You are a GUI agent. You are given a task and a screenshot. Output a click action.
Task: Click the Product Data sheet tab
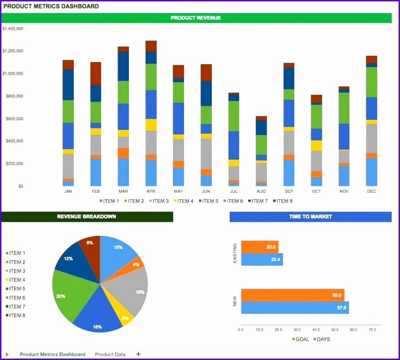tap(110, 354)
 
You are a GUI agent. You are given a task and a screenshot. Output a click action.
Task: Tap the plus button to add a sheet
tap(138, 354)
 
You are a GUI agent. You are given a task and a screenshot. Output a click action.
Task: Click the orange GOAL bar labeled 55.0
tap(292, 295)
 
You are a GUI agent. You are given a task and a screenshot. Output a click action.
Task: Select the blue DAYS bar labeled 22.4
tap(262, 259)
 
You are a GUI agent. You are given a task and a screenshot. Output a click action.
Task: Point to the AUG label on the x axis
tap(261, 191)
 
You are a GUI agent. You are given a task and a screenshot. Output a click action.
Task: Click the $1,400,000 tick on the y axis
tap(13, 29)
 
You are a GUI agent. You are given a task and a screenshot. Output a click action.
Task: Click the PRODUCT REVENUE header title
tap(196, 18)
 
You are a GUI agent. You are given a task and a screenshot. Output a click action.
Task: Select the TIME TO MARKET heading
tap(310, 216)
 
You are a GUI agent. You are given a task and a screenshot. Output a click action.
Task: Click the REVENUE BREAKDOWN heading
tap(87, 216)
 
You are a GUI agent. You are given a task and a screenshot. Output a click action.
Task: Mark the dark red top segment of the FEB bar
tap(96, 73)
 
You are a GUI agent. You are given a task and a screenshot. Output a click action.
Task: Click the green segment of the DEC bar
tap(372, 82)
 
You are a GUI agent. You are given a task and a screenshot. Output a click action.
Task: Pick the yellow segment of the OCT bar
tap(317, 145)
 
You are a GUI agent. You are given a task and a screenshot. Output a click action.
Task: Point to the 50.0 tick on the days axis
tap(334, 329)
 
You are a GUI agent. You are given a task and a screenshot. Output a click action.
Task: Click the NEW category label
tap(235, 301)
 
